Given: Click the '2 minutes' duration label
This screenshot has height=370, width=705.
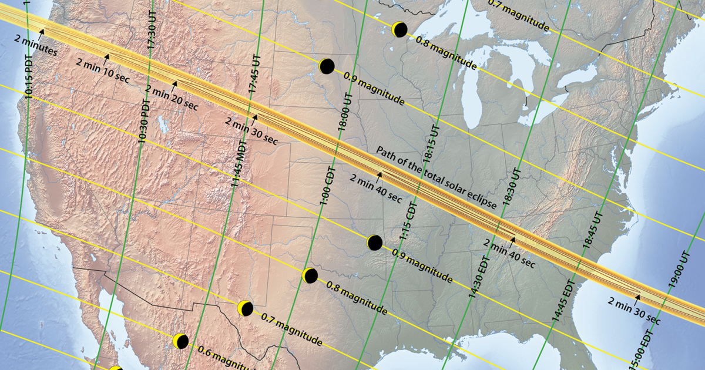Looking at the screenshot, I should (36, 48).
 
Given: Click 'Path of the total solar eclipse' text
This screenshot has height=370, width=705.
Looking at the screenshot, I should (437, 177).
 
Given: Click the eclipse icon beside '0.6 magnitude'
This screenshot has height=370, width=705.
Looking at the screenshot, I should (181, 341).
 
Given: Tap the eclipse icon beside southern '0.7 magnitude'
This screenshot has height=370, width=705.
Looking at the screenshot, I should (245, 308).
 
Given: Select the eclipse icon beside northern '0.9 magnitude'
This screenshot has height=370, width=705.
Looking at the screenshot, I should (327, 66).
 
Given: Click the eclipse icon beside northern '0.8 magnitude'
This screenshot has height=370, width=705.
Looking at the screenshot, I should (399, 29).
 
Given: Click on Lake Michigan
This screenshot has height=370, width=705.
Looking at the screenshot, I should (474, 88).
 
